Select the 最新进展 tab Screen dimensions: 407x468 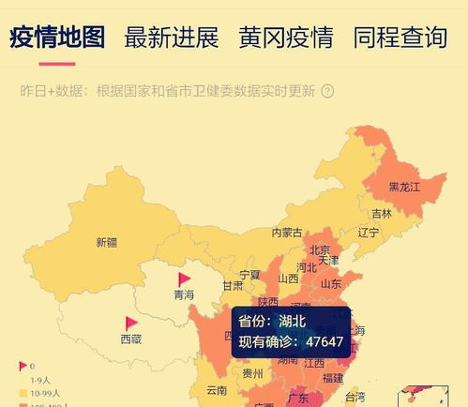pos(171,38)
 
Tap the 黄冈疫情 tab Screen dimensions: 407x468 pos(285,38)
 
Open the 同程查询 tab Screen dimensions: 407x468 pos(400,38)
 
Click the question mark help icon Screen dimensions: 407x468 pos(327,92)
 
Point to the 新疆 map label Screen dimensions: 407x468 pos(107,242)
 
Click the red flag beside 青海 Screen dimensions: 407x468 pos(184,279)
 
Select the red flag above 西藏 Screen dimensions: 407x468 pos(131,324)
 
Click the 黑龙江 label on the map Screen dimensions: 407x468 pos(404,187)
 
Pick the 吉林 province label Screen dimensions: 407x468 pos(381,213)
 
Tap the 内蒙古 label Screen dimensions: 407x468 pos(287,232)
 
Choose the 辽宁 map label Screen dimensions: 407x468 pos(369,232)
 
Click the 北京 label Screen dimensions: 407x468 pos(320,249)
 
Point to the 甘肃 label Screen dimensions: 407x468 pos(233,286)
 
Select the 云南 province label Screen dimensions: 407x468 pos(217,389)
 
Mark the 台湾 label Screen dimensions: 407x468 pos(355,397)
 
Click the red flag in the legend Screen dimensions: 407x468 pos(23,365)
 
